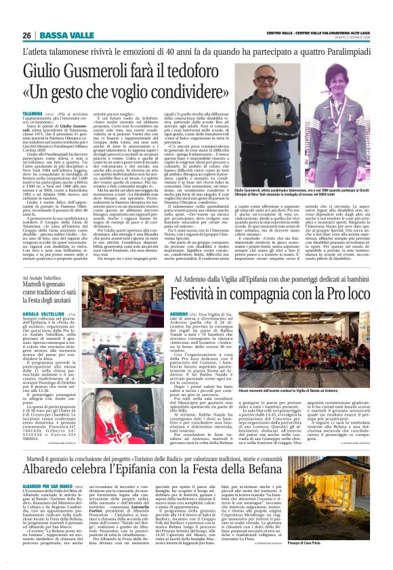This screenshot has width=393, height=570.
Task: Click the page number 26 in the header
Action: tap(26, 36)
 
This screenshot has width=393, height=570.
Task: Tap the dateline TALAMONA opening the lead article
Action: tap(33, 115)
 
